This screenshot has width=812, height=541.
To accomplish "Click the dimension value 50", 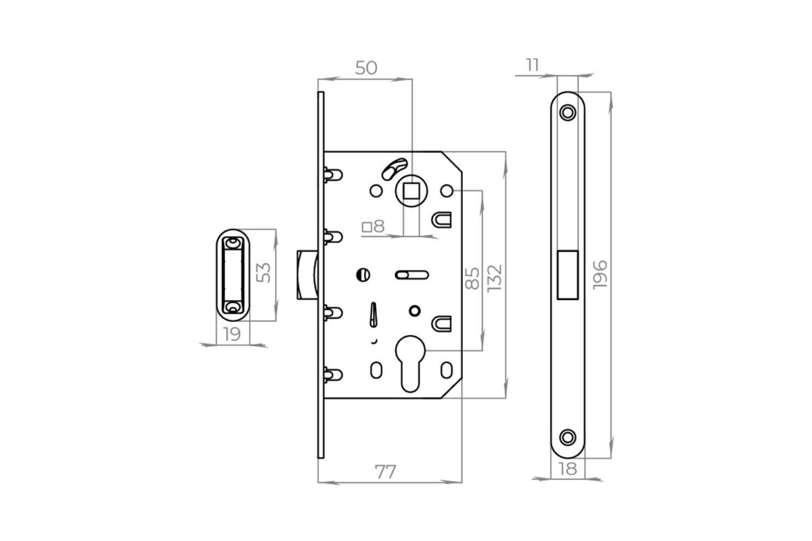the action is pos(366,68).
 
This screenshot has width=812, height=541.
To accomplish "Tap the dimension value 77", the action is pos(385,472).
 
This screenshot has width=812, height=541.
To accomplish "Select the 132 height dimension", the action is pos(495,278).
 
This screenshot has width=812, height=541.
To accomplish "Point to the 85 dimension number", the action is pos(472,279).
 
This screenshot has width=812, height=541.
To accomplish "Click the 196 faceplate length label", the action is pos(600,275).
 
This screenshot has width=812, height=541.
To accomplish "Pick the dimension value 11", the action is pos(533,65).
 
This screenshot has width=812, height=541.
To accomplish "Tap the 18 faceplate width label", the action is pos(568,469).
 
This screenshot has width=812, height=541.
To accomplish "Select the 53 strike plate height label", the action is pos(263,273).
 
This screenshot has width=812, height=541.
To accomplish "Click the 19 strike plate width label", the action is pos(231,334).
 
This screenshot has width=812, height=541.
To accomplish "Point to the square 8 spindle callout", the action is pos(374,227).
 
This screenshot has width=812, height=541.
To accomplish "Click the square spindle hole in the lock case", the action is pos(411,191).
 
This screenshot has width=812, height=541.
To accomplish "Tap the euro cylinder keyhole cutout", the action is pos(410,363).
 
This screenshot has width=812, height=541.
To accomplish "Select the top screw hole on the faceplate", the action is pos(568,112).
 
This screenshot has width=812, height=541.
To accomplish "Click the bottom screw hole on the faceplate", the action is pos(568,438).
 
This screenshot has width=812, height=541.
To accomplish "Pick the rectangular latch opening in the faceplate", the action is pos(568,275).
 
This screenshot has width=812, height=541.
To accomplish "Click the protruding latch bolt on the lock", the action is pos(307,275).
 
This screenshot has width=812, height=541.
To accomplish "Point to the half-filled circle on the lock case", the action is pos(363,275).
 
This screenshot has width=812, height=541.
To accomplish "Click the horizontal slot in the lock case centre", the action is pos(412,275).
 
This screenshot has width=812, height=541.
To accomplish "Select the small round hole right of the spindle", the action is pos(447,191).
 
